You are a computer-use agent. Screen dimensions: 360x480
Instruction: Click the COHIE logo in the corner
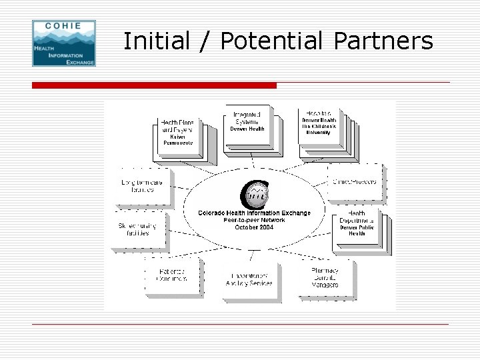[64, 43]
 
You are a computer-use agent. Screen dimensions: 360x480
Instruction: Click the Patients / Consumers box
[171, 275]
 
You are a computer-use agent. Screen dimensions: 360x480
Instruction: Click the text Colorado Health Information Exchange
[254, 213]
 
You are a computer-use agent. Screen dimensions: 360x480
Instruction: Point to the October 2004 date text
[254, 227]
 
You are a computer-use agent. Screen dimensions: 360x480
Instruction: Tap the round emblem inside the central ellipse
[253, 195]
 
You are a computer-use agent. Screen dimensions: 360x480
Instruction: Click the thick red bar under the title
[154, 85]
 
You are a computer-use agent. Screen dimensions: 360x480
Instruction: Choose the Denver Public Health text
[357, 231]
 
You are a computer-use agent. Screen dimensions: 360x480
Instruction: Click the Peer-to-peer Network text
[254, 220]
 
